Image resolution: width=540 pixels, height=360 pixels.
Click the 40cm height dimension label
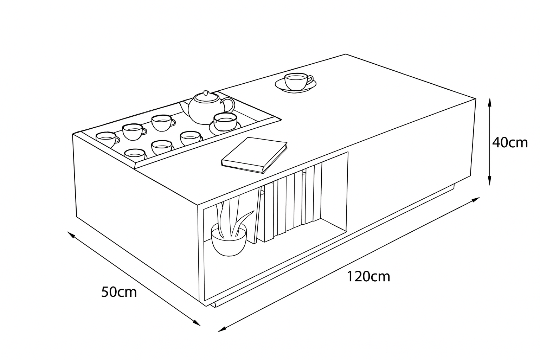pos(510,143)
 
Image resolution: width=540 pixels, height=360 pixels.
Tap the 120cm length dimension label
pos(368,277)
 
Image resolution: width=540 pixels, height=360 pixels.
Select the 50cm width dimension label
pos(119,292)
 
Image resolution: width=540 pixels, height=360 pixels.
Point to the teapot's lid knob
pos(206,93)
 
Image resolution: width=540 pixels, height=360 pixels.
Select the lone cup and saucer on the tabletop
pos(296,83)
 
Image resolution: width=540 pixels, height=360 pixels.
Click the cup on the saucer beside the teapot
pos(225,122)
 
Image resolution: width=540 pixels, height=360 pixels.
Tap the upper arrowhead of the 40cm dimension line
pos(490,102)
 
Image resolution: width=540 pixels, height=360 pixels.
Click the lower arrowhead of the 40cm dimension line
pos(490,181)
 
